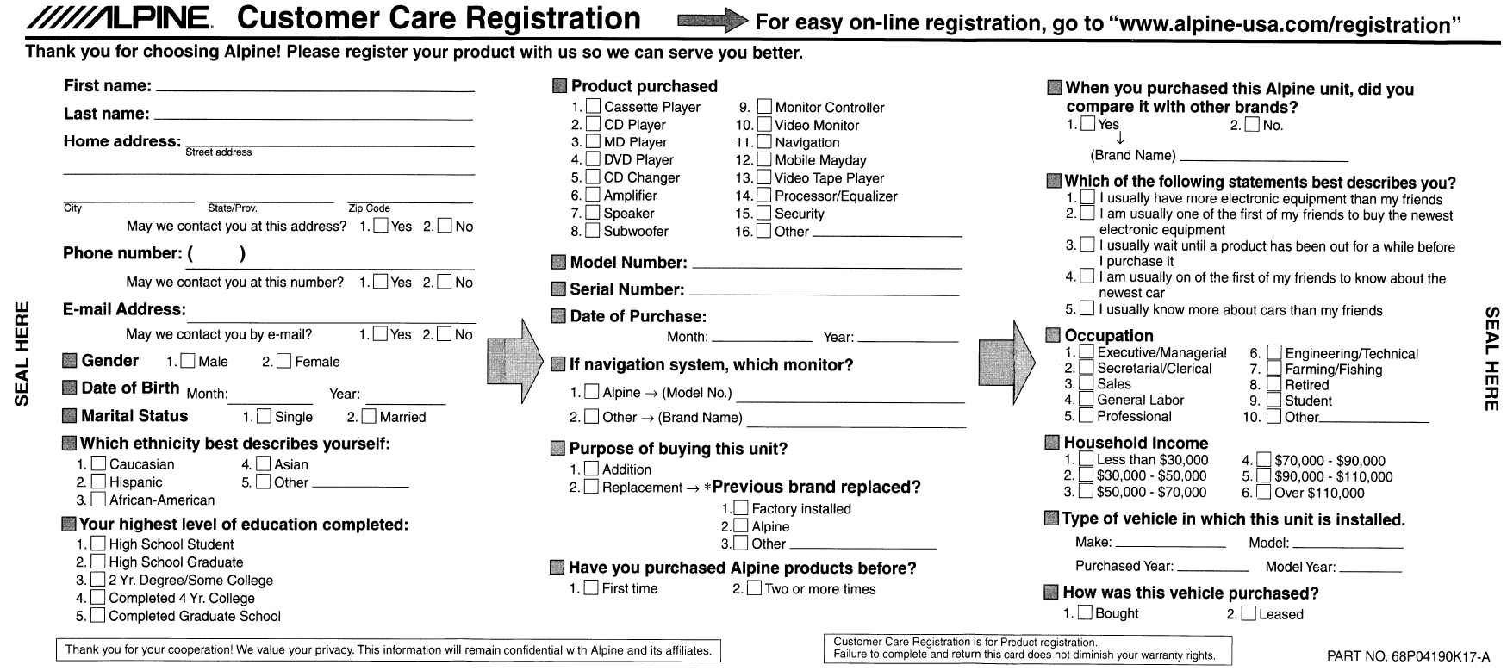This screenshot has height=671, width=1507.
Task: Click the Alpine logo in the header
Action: tap(117, 19)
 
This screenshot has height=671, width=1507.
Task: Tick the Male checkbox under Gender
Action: tap(188, 362)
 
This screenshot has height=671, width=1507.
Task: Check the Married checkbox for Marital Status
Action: tap(369, 417)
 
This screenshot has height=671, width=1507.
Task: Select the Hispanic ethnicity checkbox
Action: tap(98, 482)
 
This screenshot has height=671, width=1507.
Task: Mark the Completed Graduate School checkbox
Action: tap(98, 616)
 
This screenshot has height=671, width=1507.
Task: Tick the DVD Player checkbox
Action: tap(593, 159)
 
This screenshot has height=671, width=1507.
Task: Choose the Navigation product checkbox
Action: tap(764, 142)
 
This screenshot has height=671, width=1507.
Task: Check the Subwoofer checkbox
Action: tap(593, 231)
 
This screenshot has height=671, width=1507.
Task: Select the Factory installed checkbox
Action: tap(741, 509)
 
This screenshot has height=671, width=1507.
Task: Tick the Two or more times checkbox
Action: tap(754, 589)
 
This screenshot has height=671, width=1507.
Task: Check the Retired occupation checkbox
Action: tap(1273, 385)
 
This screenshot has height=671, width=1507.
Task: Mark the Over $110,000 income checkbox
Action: tap(1263, 493)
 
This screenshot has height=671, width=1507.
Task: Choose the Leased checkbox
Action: tap(1248, 614)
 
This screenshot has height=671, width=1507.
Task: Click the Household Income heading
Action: tap(1136, 443)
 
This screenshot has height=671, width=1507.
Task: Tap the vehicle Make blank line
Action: tap(1170, 544)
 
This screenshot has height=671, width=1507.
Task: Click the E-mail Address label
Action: tap(124, 310)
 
